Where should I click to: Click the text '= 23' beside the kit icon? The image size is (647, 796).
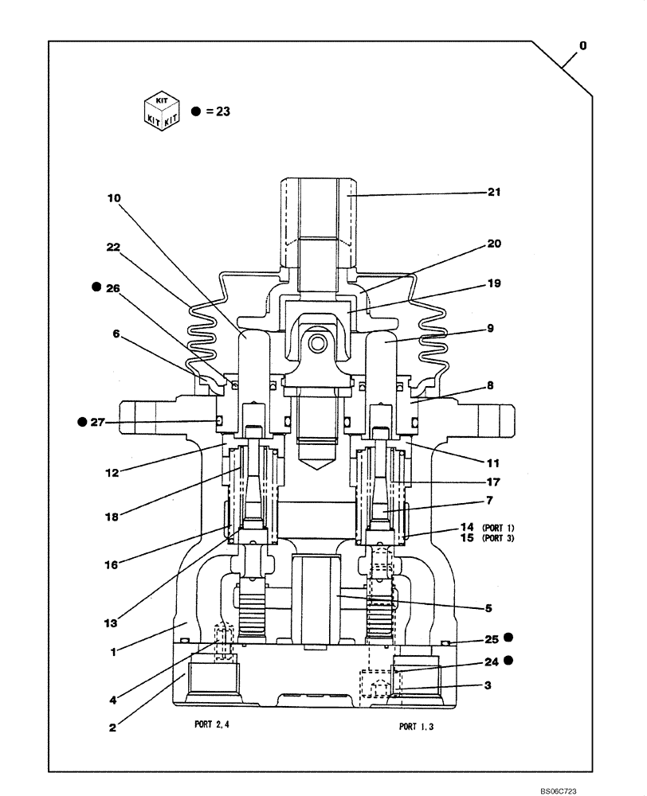pos(217,111)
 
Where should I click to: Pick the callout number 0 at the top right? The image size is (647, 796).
pos(582,46)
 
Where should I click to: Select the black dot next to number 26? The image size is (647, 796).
pos(96,285)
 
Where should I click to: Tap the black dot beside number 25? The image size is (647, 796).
pos(508,638)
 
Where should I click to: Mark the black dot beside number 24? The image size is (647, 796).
pos(508,660)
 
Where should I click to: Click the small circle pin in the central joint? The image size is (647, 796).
pos(317,343)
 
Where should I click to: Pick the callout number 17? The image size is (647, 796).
pos(493,482)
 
